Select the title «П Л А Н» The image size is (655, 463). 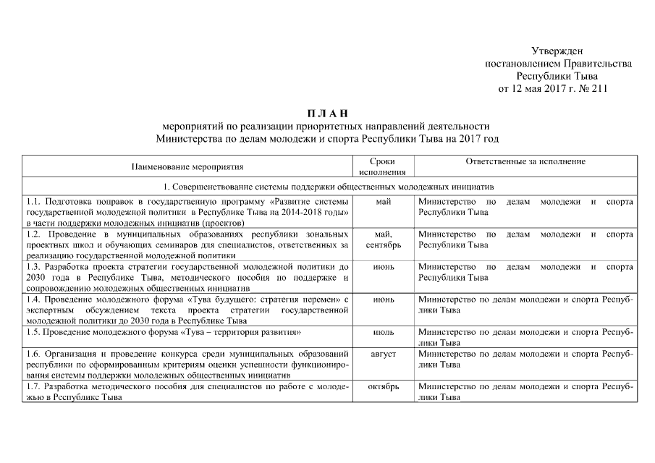click(327, 113)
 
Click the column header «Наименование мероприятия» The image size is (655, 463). click(187, 167)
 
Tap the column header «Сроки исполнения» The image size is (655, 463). click(381, 167)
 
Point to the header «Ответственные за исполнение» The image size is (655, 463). click(525, 162)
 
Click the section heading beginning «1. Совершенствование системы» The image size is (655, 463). click(327, 185)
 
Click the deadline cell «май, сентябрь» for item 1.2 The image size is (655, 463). click(384, 239)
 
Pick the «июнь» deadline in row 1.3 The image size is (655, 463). click(384, 267)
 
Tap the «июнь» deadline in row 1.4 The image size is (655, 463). click(384, 299)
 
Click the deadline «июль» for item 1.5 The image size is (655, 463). click(384, 332)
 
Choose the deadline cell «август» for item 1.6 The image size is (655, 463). click(384, 354)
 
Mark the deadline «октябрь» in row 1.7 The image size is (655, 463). click(384, 387)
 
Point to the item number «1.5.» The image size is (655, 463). click(33, 332)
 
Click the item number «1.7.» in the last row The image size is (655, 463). click(33, 387)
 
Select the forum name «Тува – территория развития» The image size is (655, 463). click(242, 332)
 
